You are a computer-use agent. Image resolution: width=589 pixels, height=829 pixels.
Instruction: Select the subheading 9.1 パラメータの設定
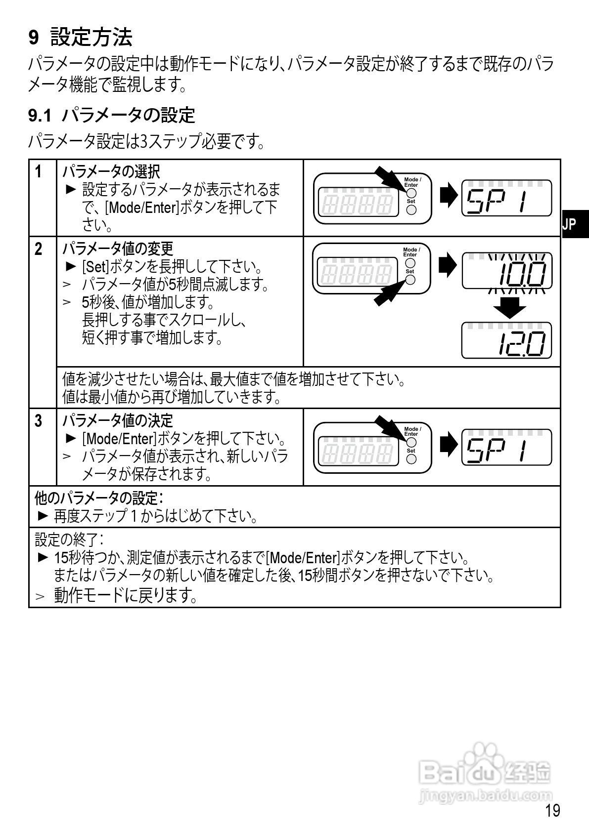pos(111,115)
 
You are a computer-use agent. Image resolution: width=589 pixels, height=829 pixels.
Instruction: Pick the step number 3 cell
pos(39,420)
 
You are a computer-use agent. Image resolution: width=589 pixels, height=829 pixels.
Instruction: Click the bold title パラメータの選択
pos(111,171)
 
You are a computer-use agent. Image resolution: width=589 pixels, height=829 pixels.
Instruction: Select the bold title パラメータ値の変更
pos(118,248)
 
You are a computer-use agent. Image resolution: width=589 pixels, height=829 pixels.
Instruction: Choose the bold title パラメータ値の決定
pos(118,420)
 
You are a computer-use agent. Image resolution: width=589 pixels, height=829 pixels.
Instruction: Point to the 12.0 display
pos(506,340)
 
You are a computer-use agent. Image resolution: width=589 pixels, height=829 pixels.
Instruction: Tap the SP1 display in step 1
pos(506,198)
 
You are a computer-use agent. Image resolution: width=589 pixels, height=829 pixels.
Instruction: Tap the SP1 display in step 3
pos(506,447)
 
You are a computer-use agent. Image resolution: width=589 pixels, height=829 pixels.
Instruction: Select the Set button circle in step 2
pos(410,280)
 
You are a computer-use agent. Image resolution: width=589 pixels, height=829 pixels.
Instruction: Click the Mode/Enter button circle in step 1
pos(411,193)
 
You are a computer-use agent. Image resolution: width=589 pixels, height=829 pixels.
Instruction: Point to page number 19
pos(552,810)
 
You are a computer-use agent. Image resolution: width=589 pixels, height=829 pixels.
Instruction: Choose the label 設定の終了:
pos(69,538)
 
